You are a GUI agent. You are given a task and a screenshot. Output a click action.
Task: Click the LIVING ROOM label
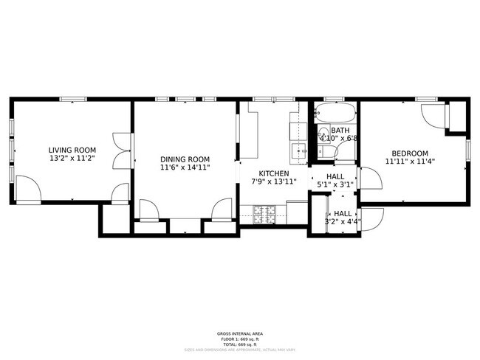tap(72, 150)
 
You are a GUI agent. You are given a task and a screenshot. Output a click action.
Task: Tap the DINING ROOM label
tap(185, 159)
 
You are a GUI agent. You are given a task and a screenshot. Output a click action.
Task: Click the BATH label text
tap(329, 130)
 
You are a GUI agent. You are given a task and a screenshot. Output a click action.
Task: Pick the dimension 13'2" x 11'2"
tap(72, 159)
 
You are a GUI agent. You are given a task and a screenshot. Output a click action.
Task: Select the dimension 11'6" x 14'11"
tap(185, 167)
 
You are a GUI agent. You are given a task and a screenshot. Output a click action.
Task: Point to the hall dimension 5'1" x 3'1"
tap(335, 185)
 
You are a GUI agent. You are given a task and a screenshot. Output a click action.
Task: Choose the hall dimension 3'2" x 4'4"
tap(341, 220)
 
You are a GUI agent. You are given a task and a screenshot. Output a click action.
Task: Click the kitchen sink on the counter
tap(299, 150)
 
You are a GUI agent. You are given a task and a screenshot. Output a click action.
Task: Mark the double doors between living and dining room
tap(121, 148)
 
